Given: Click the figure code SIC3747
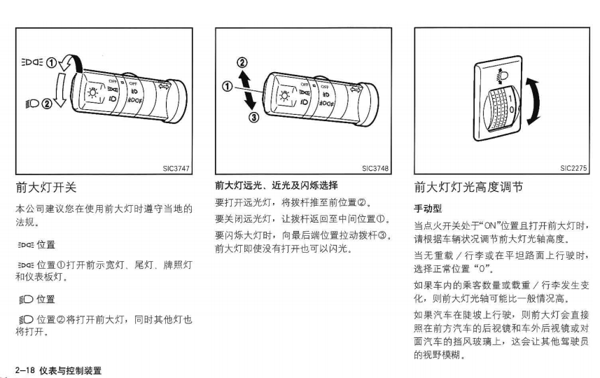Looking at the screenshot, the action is (176, 168).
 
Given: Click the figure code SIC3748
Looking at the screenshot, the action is (375, 168).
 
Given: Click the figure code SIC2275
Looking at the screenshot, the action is (573, 168).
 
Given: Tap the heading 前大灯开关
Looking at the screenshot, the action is (46, 188).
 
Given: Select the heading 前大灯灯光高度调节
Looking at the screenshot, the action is (468, 187).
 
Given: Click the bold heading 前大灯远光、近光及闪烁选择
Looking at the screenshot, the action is (277, 185).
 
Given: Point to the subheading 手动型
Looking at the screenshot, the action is (428, 209).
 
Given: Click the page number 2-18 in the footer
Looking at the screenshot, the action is (25, 370).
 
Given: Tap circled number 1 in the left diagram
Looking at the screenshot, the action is (51, 63).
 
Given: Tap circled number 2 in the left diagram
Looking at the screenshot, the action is (47, 104).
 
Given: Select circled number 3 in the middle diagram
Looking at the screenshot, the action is (254, 118).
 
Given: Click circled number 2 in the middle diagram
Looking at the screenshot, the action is (242, 62).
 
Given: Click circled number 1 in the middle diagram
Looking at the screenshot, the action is (228, 87).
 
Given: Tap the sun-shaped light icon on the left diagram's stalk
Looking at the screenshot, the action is (93, 93).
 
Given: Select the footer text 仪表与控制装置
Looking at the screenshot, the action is (71, 370).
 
